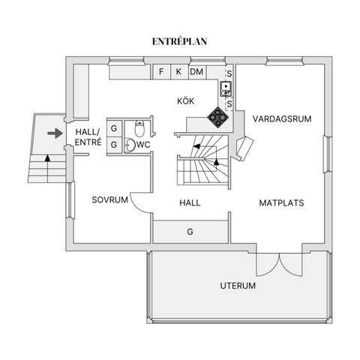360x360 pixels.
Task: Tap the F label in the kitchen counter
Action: click(x=161, y=72)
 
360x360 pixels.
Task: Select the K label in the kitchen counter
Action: click(x=178, y=72)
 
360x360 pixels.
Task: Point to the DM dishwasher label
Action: click(x=196, y=72)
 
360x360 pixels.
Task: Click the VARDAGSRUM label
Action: click(x=282, y=118)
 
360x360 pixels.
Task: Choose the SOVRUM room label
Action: click(x=107, y=200)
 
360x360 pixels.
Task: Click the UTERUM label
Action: click(x=238, y=286)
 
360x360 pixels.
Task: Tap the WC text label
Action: click(x=145, y=143)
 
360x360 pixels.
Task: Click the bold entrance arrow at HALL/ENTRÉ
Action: click(x=54, y=133)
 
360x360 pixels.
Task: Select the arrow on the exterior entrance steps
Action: click(x=48, y=158)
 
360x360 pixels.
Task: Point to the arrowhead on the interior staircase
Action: click(x=217, y=160)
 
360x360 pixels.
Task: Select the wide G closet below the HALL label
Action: click(x=190, y=232)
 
